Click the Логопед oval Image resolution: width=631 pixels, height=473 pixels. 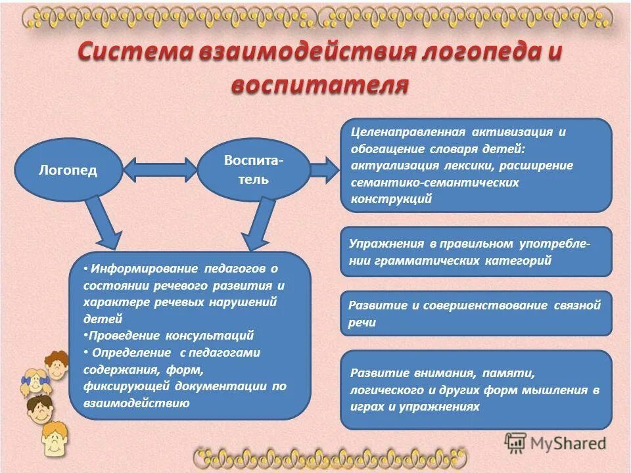pos(68,170)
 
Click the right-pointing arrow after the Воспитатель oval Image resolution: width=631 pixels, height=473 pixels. pos(323,170)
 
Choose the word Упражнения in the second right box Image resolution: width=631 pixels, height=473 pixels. pos(386,244)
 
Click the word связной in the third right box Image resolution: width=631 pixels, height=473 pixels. pos(576,305)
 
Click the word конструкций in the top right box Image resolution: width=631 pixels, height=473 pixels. pos(392,199)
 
